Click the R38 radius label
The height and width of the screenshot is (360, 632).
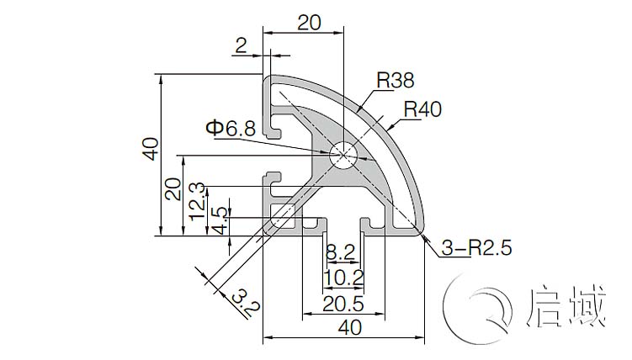(x=395, y=80)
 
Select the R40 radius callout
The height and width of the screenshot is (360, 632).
(x=422, y=109)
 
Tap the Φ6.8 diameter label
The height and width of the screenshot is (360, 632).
(x=231, y=129)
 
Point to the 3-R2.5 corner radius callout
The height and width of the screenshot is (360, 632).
(x=477, y=247)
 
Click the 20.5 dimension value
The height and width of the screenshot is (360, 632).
(x=343, y=304)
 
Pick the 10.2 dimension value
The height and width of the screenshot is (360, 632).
(x=343, y=278)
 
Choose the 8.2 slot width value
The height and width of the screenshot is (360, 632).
(x=341, y=252)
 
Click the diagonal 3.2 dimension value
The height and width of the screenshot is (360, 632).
(x=246, y=303)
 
